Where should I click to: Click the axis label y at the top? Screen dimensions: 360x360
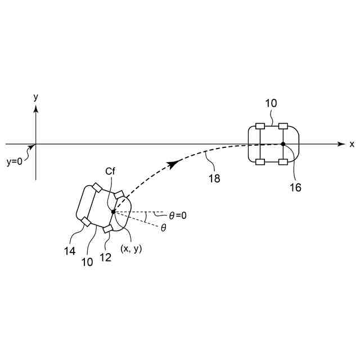click(36, 97)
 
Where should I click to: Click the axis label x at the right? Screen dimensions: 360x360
click(352, 144)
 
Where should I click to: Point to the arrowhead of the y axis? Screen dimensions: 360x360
click(36, 109)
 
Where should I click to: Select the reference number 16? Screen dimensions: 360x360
click(295, 187)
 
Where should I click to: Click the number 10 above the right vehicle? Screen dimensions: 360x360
click(271, 104)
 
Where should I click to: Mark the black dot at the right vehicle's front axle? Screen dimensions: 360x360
click(283, 145)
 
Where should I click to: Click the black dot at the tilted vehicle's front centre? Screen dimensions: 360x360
click(113, 211)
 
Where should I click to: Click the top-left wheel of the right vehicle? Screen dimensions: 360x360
click(260, 126)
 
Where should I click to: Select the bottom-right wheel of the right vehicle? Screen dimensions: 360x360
click(283, 163)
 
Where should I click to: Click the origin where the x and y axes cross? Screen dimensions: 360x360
click(36, 145)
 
